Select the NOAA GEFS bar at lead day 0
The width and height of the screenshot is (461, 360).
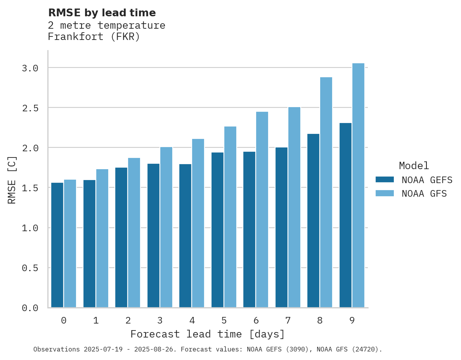[57, 245]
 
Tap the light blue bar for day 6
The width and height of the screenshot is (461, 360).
[262, 209]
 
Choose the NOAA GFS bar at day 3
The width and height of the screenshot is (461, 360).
[166, 227]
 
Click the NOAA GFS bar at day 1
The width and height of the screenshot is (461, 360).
[102, 238]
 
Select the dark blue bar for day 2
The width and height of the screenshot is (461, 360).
[121, 237]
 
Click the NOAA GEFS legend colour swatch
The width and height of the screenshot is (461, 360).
[385, 180]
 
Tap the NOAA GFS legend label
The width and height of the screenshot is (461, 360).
[424, 194]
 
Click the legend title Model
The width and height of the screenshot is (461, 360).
[414, 166]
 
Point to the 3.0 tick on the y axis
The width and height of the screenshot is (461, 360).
[30, 68]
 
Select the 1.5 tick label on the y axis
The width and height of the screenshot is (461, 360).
[30, 188]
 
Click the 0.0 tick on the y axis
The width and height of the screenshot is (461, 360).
[30, 308]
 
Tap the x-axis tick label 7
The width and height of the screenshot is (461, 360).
[288, 320]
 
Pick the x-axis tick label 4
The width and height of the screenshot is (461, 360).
[192, 320]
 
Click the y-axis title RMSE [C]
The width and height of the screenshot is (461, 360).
[12, 180]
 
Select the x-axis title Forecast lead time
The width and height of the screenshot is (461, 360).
[208, 334]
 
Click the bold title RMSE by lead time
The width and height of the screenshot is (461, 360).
[102, 13]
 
